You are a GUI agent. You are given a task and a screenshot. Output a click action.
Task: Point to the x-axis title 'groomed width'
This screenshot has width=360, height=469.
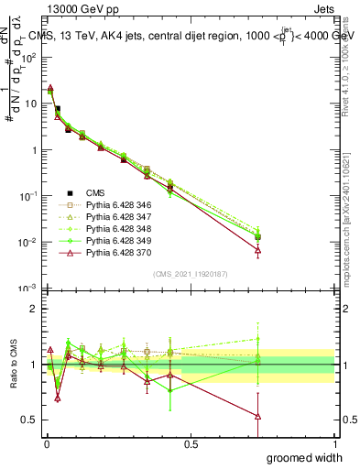[x=305, y=457]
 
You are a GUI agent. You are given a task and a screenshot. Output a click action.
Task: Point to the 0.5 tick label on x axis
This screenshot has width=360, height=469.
[x=191, y=442]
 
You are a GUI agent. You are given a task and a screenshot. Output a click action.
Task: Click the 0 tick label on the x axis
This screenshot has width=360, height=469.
[x=47, y=442]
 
